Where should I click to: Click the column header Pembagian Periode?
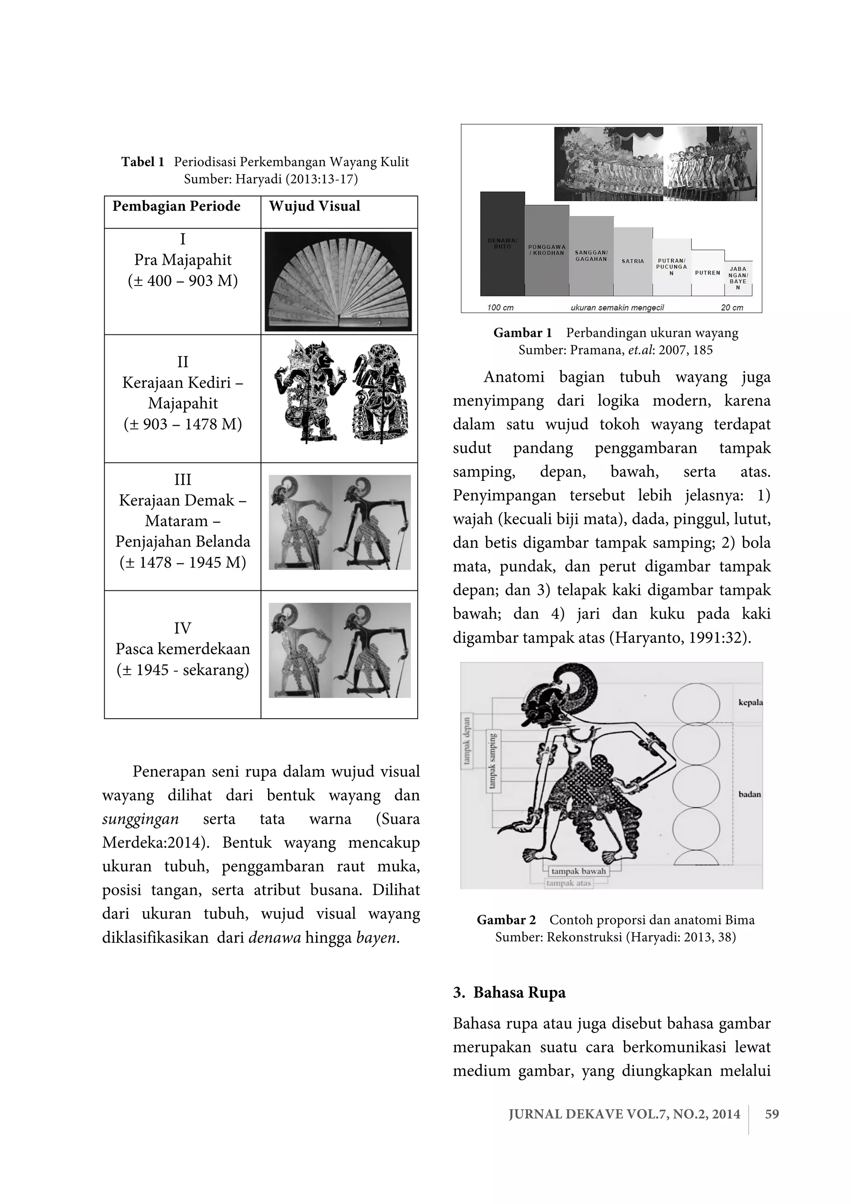pos(176,206)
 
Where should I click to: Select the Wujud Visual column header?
pos(315,206)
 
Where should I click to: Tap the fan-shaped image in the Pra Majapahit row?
pos(338,282)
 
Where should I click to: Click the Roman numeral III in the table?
pos(182,479)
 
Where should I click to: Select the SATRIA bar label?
pos(632,261)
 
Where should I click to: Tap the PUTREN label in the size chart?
pos(707,273)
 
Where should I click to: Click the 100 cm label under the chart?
pos(500,307)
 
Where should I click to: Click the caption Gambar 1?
pos(522,333)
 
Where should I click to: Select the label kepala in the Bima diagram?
pos(750,703)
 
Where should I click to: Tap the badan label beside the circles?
pos(749,794)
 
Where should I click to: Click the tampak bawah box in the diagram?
pos(578,871)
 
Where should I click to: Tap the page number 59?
pos(772,1114)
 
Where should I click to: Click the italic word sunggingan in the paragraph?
pos(140,819)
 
